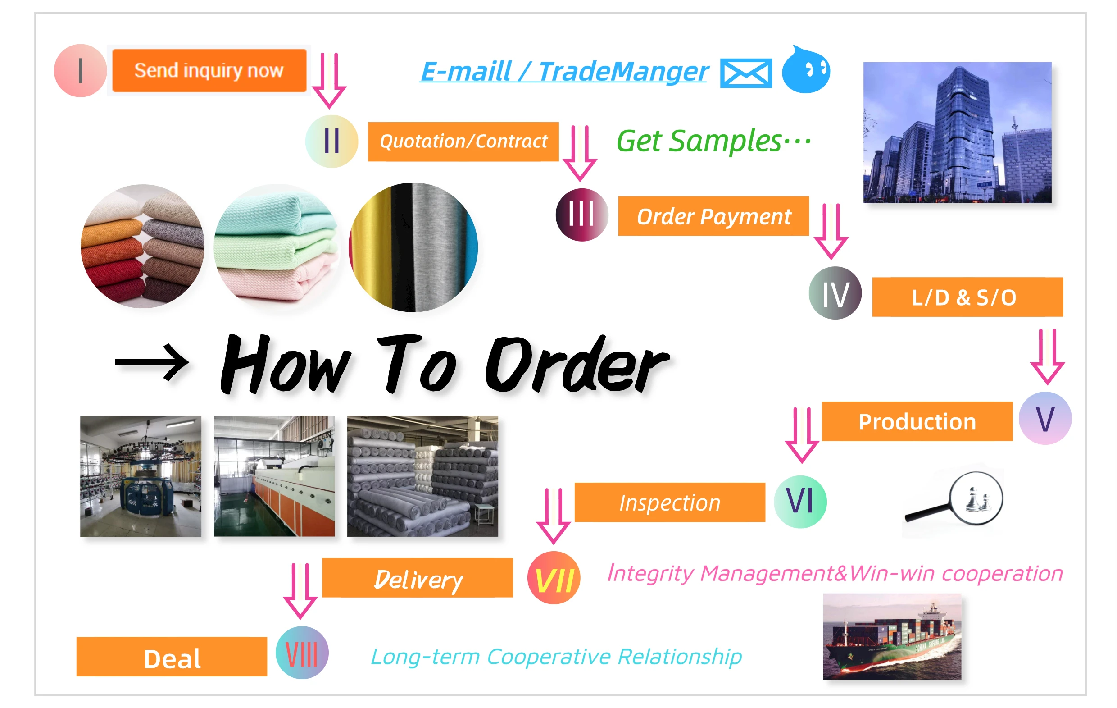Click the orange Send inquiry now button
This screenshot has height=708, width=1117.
pos(209,71)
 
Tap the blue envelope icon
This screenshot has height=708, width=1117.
pos(746,73)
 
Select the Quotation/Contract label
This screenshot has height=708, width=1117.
pos(463,142)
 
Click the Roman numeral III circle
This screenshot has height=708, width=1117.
pos(581,215)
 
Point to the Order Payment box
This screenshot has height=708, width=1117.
pos(713,216)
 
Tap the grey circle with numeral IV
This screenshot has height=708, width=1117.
pos(835,293)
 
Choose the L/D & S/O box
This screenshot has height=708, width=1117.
pos(967,297)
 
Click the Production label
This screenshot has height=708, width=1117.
pos(917,421)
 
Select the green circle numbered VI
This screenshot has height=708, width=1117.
pos(800,502)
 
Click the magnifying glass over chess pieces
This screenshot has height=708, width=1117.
pos(956,502)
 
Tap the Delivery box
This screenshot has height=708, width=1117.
pos(418,578)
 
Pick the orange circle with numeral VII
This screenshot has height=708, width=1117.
pos(554,578)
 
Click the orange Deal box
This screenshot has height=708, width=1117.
pos(172,657)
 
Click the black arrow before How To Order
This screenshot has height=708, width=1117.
pos(152,362)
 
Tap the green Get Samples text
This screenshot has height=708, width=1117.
pos(713,141)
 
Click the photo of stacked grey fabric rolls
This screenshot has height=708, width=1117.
pos(422,476)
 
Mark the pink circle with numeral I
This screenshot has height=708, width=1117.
pos(80,71)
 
